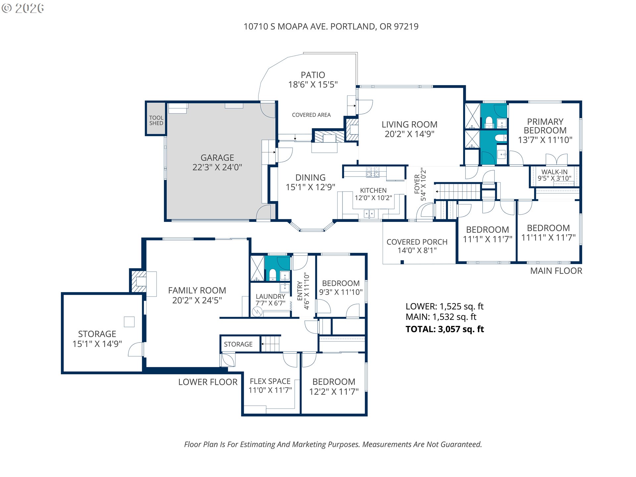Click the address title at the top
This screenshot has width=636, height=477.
(331, 26)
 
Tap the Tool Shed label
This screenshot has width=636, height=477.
(156, 120)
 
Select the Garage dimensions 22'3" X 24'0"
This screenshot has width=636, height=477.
(217, 167)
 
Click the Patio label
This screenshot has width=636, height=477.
(313, 75)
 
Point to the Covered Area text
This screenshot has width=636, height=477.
(311, 115)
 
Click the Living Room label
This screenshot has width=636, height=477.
(409, 125)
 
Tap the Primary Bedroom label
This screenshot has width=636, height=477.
(545, 126)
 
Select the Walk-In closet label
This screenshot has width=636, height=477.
(555, 172)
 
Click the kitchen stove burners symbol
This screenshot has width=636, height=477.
(373, 172)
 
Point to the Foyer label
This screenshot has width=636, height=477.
(417, 184)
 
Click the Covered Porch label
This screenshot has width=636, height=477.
(417, 242)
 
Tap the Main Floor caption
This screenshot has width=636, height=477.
(556, 271)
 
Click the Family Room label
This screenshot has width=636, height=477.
(197, 291)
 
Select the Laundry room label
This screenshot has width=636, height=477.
(270, 296)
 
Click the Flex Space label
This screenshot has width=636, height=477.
(270, 381)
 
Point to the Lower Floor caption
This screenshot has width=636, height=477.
(208, 382)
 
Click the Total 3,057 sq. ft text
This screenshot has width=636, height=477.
(445, 329)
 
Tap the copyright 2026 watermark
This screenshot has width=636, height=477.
(23, 8)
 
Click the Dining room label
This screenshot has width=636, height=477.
(310, 178)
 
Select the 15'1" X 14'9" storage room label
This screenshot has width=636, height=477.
(97, 344)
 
